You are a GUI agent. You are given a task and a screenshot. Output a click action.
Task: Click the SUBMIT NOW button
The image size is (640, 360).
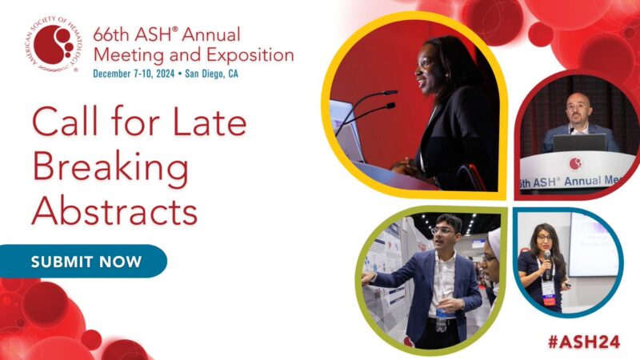coord(86,262)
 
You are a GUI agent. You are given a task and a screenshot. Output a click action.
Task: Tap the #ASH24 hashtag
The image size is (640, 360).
coord(588,338)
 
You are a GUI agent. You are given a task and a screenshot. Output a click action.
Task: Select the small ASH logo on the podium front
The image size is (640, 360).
coord(575,163)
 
